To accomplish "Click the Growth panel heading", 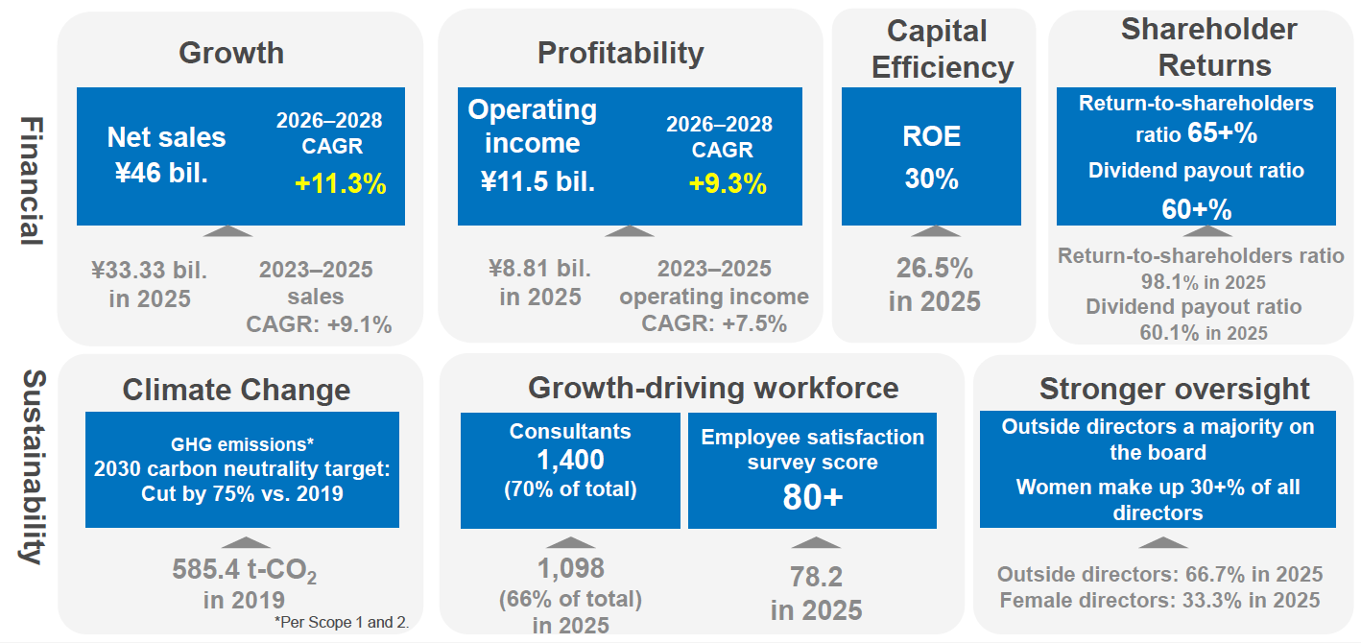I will (231, 52).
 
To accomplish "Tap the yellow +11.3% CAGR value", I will (340, 184).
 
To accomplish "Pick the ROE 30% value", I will (931, 179).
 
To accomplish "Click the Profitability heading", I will (620, 52).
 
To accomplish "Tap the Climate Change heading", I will (236, 390).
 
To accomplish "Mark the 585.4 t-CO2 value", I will (244, 570).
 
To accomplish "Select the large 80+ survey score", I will (812, 497).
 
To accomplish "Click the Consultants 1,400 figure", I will (570, 461).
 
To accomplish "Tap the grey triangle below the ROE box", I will (934, 231).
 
